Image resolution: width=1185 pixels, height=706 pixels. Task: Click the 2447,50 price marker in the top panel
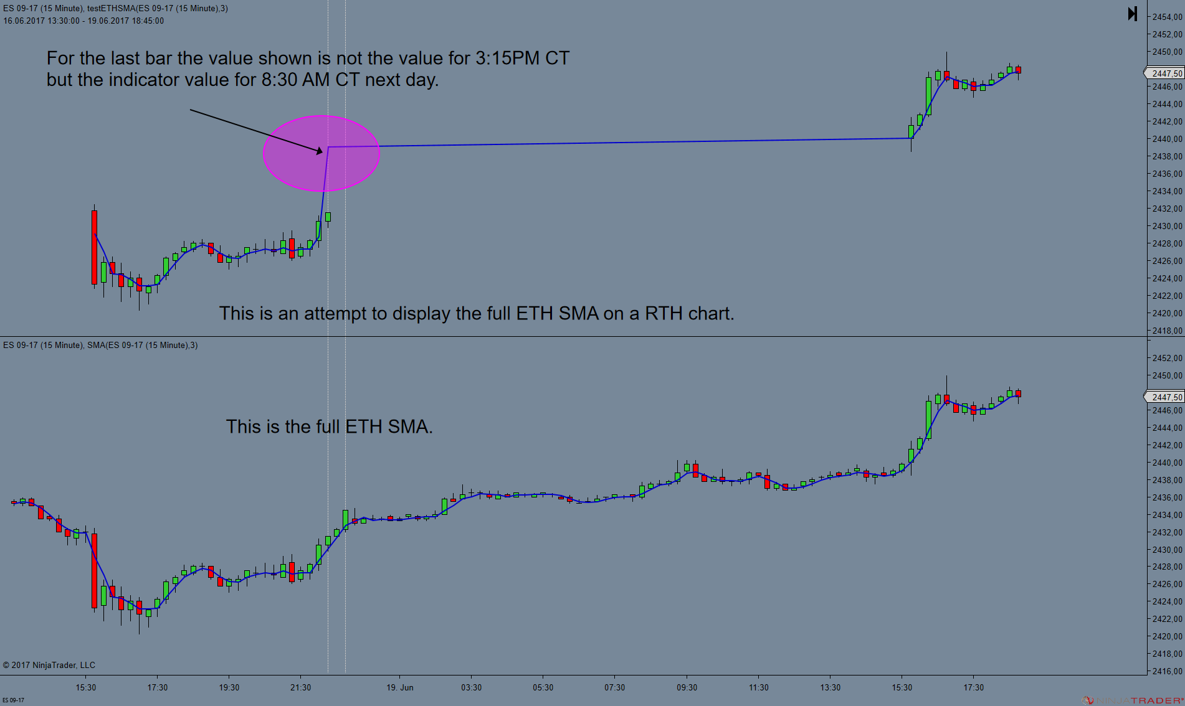click(1165, 73)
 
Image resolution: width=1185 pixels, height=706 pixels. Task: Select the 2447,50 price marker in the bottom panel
click(1165, 397)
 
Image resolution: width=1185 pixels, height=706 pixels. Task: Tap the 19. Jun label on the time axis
click(399, 687)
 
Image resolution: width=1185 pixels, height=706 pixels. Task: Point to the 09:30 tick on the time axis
click(687, 687)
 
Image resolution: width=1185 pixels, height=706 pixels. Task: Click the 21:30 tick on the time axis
click(300, 687)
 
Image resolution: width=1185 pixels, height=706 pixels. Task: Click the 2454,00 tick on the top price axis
click(1167, 17)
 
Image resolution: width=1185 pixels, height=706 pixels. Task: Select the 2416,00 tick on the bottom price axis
click(1167, 671)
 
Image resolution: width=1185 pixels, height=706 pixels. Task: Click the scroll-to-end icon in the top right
click(1133, 14)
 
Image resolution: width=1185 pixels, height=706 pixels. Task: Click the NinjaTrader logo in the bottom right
click(1133, 700)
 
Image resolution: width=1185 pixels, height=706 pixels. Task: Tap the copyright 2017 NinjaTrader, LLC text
click(49, 665)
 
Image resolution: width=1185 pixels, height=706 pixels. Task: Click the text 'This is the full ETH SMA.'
click(329, 426)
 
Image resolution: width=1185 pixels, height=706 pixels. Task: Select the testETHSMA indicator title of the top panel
click(158, 8)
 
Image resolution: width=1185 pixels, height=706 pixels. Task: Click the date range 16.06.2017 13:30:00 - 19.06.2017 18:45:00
click(83, 21)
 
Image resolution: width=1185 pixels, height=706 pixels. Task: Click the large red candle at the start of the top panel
click(95, 247)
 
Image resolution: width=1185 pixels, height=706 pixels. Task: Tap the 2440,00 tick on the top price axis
click(1167, 139)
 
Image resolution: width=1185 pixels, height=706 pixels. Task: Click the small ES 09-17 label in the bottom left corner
click(13, 700)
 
